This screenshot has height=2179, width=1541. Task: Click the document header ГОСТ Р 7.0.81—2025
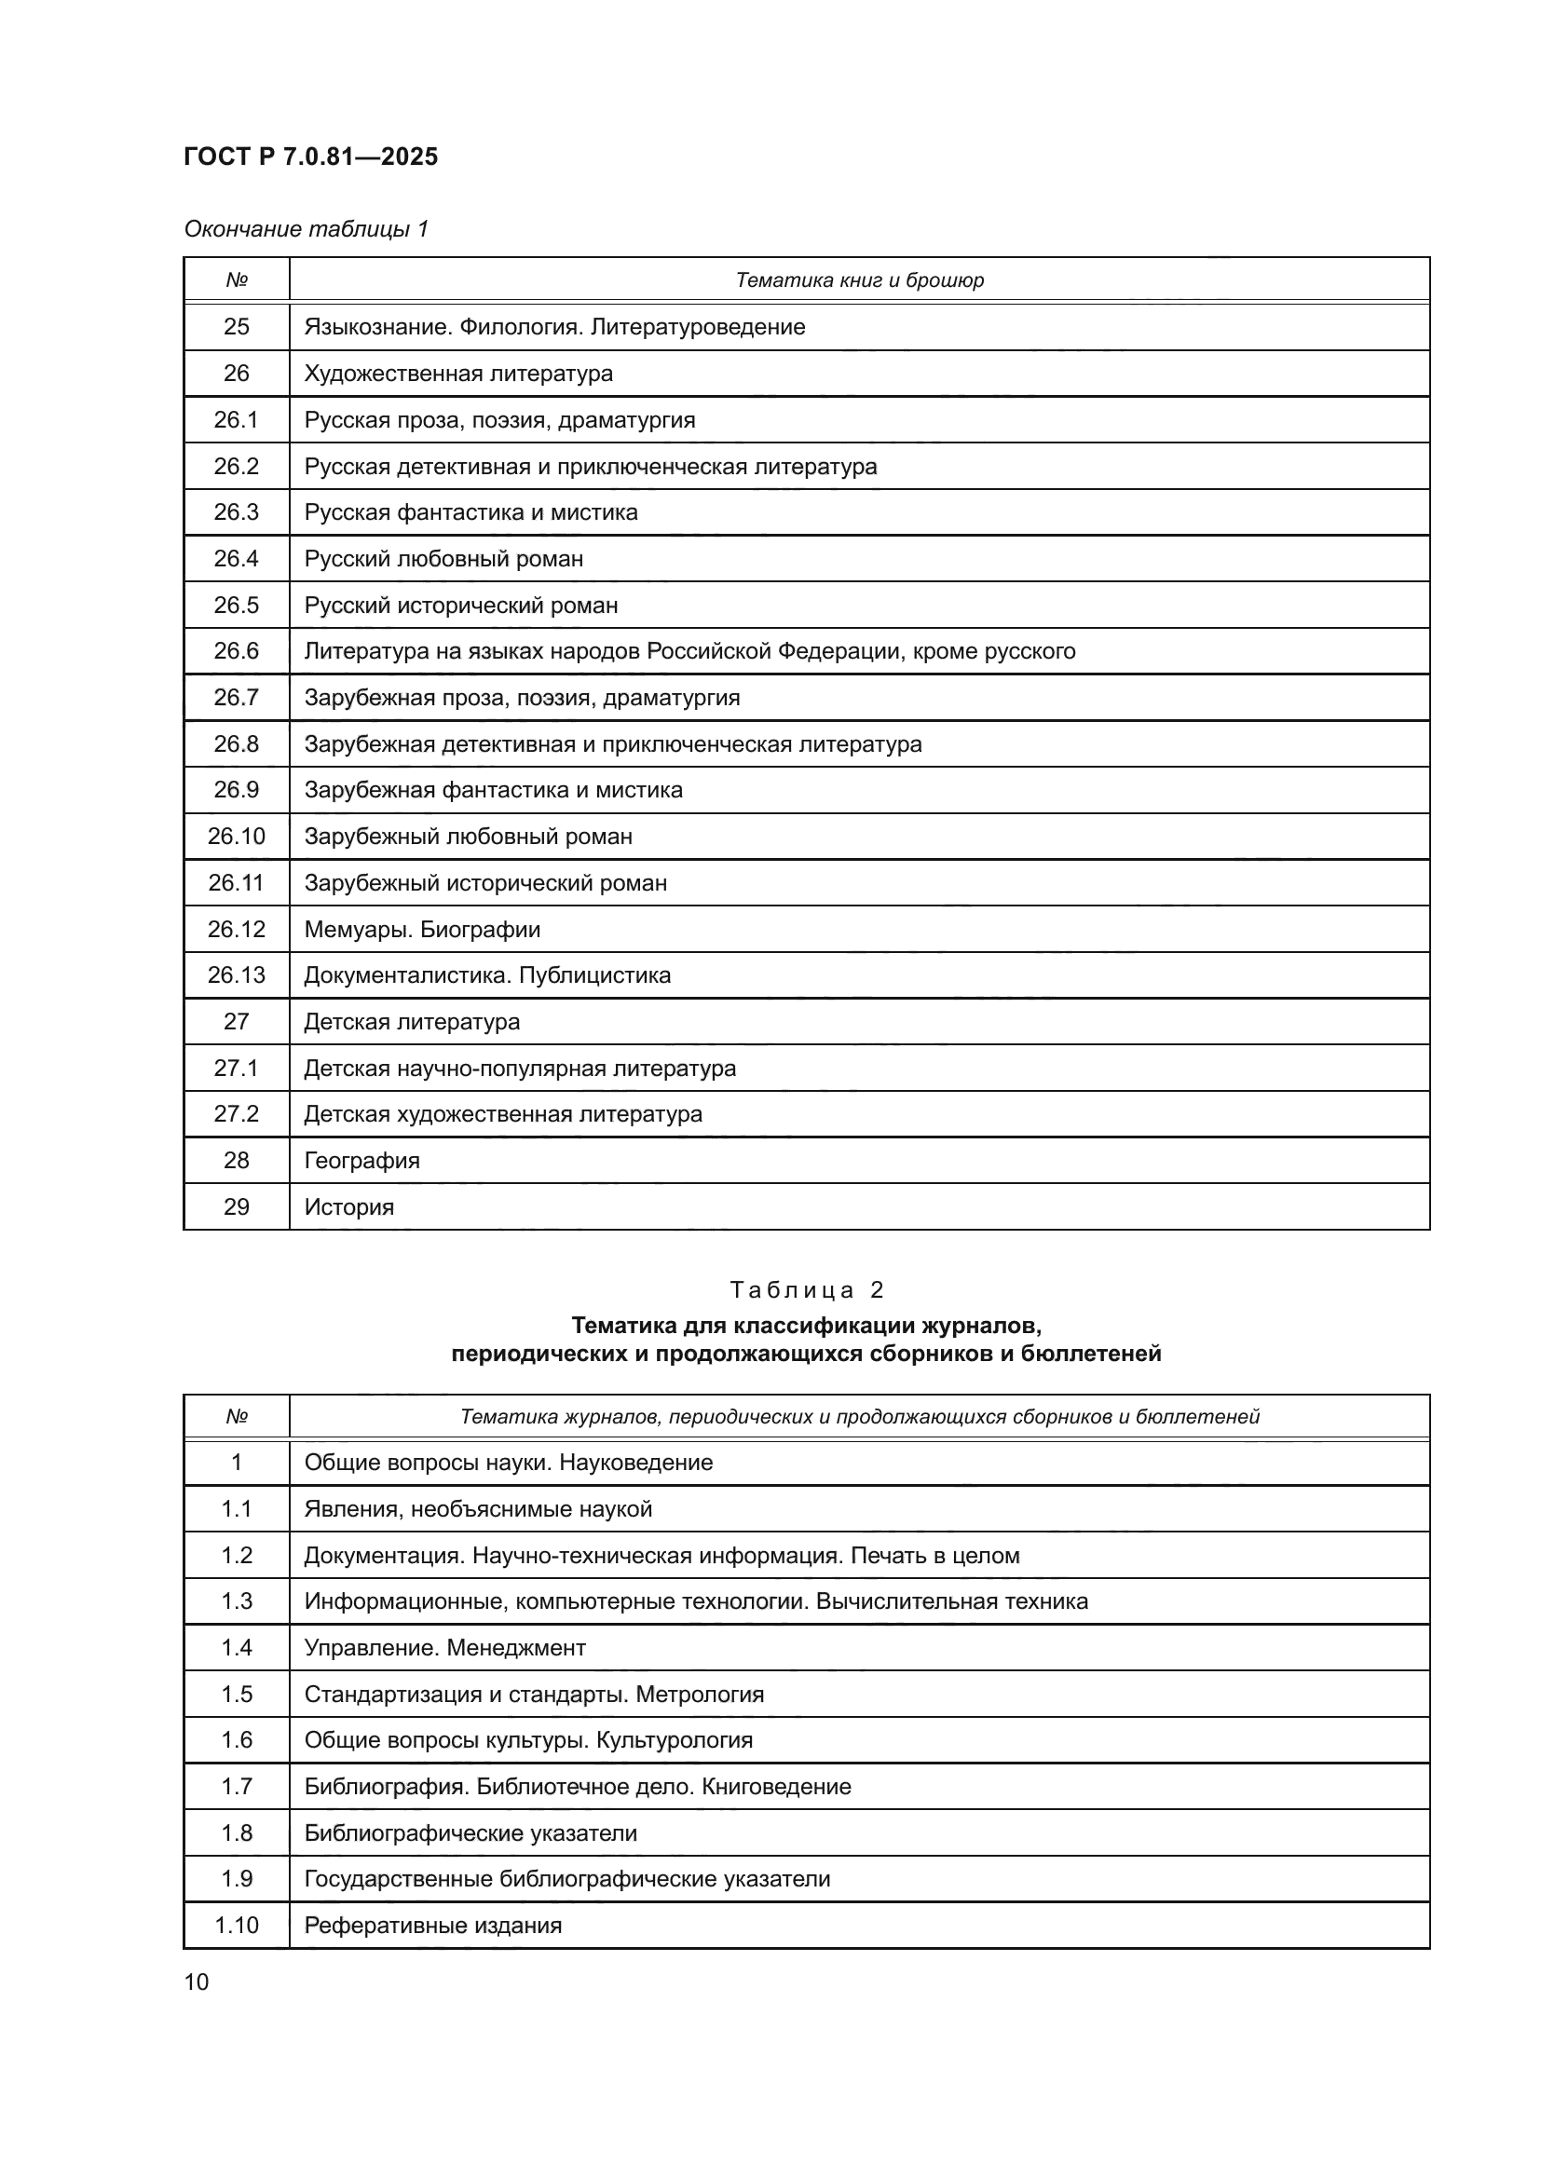point(310,157)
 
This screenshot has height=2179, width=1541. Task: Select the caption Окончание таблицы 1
point(306,229)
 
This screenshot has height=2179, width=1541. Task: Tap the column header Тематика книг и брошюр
point(859,280)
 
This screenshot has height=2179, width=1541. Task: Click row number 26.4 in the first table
point(237,559)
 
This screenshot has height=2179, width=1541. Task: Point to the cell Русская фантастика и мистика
point(470,512)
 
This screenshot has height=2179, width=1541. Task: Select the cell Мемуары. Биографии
point(421,930)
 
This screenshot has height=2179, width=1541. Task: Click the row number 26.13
point(237,975)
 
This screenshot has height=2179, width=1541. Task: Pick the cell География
point(361,1161)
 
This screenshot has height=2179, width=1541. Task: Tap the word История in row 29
point(348,1207)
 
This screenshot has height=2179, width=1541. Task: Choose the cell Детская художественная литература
point(503,1114)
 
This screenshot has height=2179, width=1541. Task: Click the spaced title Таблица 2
point(807,1289)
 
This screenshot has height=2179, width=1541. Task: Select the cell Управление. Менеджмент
point(444,1648)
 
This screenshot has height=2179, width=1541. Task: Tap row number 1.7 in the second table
point(237,1787)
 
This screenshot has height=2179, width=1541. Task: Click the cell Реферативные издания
point(432,1926)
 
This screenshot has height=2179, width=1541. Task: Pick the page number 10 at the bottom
point(197,1982)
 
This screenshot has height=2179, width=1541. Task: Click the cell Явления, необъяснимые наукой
point(478,1509)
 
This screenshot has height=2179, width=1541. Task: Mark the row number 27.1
point(237,1069)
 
